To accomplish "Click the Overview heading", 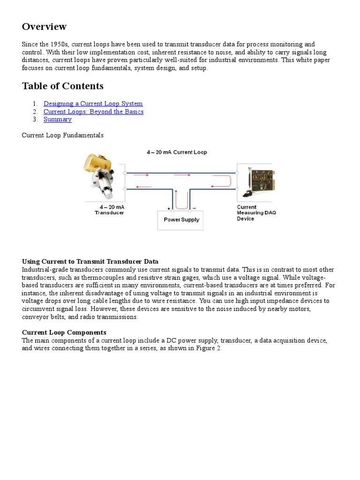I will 44,27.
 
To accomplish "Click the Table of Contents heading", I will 62,86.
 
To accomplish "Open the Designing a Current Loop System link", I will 93,104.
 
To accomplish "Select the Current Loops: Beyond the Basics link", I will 93,112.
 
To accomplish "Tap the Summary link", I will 57,120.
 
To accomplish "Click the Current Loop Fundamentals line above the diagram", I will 62,135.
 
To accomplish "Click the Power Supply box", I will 180,219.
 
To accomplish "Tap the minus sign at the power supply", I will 194,208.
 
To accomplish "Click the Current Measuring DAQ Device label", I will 256,212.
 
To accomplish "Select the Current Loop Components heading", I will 64,333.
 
